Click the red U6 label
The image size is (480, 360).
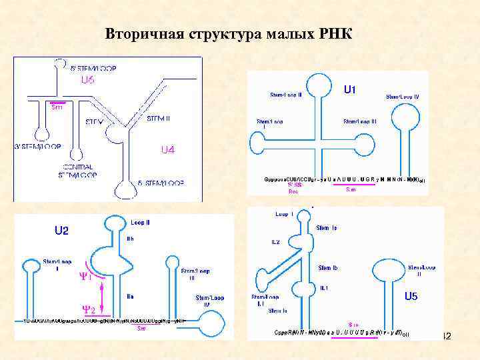tap(87, 81)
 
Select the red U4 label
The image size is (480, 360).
tap(167, 150)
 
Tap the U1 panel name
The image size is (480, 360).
tap(352, 89)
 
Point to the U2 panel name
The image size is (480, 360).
tap(61, 231)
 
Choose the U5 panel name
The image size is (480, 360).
tap(411, 295)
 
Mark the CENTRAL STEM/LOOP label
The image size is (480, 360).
tap(79, 171)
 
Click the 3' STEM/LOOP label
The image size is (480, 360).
tap(39, 146)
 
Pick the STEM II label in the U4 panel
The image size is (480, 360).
tap(158, 119)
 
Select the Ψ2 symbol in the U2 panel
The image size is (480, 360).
tap(88, 309)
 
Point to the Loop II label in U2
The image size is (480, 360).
tap(140, 223)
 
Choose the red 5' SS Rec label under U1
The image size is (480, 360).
tap(294, 188)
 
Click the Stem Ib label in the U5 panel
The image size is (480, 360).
tap(328, 268)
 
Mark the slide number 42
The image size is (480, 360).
tap(447, 337)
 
